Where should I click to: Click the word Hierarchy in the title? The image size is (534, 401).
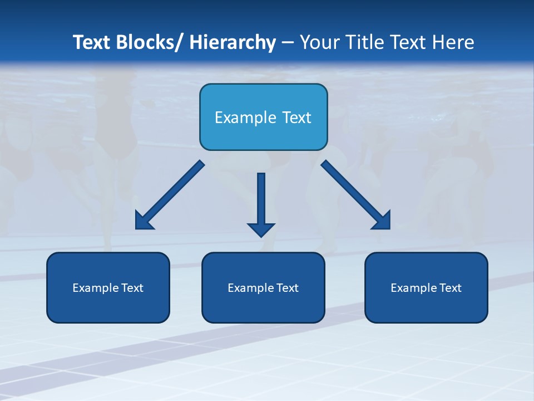click(x=233, y=42)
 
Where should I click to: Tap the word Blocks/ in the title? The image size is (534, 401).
click(x=150, y=42)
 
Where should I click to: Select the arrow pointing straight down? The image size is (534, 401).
click(x=261, y=200)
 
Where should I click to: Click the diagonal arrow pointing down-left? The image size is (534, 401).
click(x=170, y=195)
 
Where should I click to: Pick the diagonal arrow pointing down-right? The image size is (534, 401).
click(x=356, y=195)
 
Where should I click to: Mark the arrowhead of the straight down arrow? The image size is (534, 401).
click(x=261, y=229)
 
